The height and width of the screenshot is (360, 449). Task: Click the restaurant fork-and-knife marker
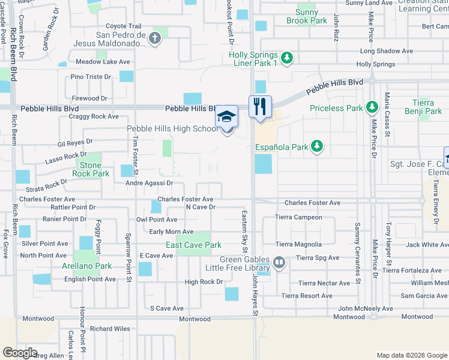click(x=260, y=107)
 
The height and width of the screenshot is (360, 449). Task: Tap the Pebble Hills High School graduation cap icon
click(x=227, y=116)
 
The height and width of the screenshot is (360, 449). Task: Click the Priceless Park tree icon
click(x=372, y=108)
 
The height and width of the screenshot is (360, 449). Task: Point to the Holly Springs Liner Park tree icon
click(x=287, y=58)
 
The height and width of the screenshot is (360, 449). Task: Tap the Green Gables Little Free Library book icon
click(x=279, y=262)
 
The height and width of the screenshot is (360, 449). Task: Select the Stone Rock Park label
click(x=91, y=169)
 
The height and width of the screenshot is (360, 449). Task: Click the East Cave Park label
click(x=193, y=245)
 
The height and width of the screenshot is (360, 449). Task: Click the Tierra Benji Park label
click(x=427, y=107)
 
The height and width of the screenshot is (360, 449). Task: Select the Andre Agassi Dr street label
click(x=149, y=183)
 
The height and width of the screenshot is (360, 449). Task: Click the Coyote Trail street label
click(x=124, y=26)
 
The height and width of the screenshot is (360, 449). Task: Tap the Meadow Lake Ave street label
click(x=103, y=62)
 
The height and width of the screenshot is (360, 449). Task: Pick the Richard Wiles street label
click(x=110, y=328)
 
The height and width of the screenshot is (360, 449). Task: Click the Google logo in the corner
click(x=20, y=353)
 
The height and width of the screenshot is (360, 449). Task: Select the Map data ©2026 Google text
click(x=411, y=355)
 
